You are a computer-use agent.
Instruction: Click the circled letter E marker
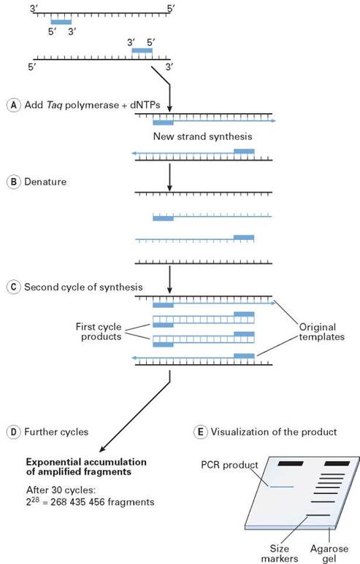(x=199, y=432)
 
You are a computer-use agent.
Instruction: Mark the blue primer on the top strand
(x=61, y=22)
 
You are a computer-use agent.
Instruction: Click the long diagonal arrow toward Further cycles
(x=135, y=419)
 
